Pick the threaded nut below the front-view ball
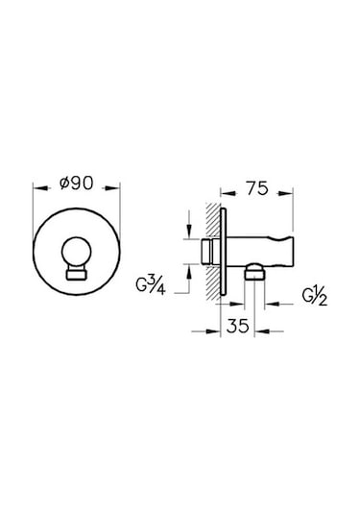77,276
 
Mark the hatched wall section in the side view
209,252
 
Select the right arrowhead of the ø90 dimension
114,189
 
